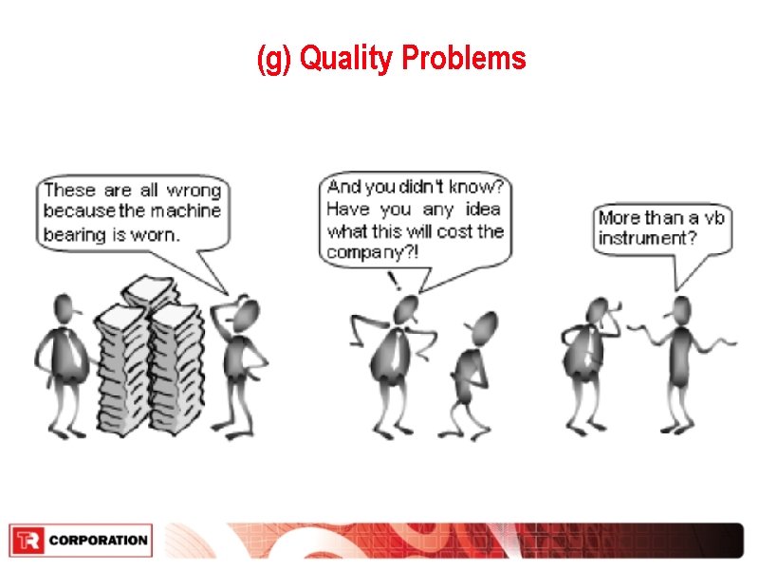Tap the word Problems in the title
click(464, 60)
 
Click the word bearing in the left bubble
click(75, 232)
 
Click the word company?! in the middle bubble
click(372, 252)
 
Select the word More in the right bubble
click(619, 218)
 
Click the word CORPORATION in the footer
click(98, 541)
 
